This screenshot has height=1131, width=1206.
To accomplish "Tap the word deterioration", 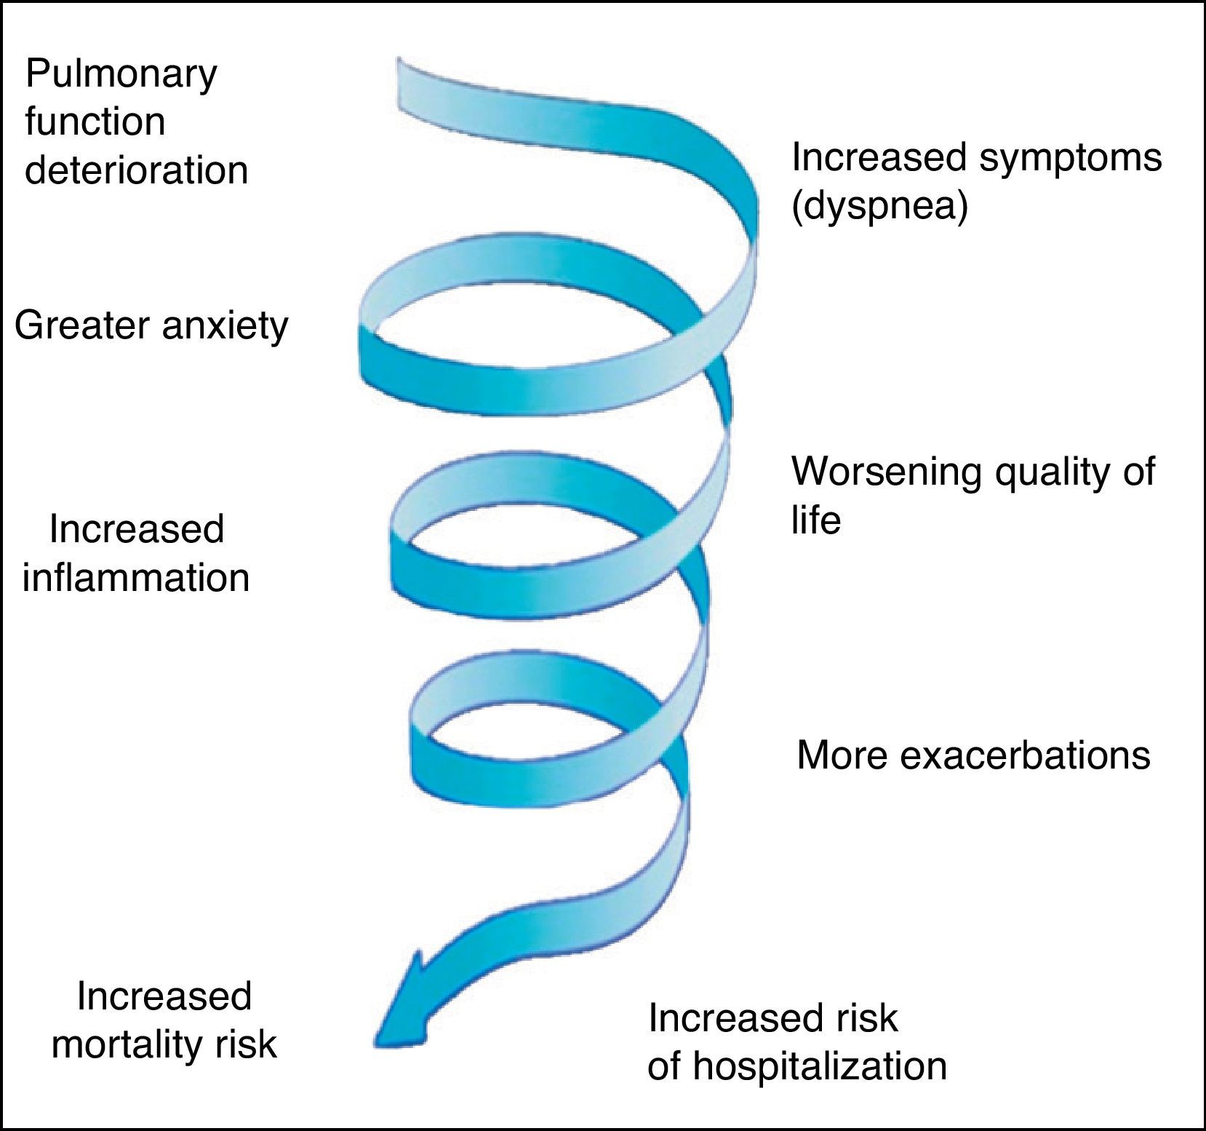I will [x=137, y=170].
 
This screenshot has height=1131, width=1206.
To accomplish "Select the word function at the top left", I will [x=95, y=122].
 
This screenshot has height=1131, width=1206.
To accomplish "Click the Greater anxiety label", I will [x=151, y=325].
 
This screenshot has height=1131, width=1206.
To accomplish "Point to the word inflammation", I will [x=136, y=578].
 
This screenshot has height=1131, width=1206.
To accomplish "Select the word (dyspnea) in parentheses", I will [x=879, y=207].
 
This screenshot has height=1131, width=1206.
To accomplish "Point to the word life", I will [x=816, y=520].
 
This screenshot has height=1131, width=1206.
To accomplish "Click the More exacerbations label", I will [x=973, y=755].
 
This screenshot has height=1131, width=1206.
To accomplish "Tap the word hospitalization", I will [x=820, y=1066].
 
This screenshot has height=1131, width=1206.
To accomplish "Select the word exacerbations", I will [x=1026, y=755].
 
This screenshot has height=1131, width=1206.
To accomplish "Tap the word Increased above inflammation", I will [x=137, y=529].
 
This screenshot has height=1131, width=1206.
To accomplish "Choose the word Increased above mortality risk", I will [x=164, y=996].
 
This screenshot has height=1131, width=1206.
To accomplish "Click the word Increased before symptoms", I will [x=878, y=157].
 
